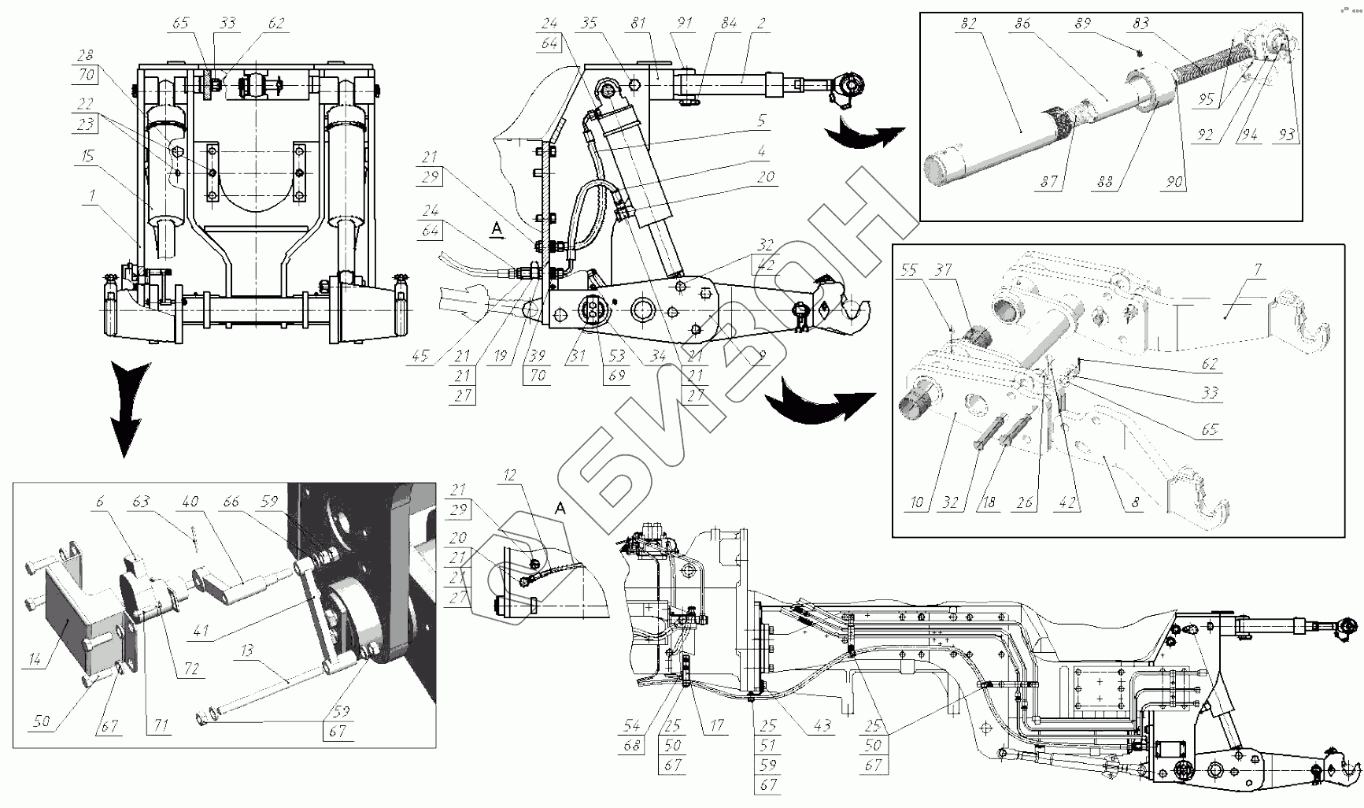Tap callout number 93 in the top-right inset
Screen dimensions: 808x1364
[1286, 135]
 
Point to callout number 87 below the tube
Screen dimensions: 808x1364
[1049, 182]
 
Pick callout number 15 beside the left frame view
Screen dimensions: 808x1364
[88, 156]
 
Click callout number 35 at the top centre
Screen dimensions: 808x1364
[589, 24]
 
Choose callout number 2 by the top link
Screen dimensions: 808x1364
[761, 24]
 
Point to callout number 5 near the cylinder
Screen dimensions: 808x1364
[761, 121]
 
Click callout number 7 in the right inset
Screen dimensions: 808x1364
[1258, 270]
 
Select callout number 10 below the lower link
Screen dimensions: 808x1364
[916, 502]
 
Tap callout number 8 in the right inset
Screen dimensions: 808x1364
[1134, 502]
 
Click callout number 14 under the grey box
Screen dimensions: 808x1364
[35, 660]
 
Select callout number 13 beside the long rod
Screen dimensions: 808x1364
[247, 650]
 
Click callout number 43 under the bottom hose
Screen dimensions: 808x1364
[822, 725]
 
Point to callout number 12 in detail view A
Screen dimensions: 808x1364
[510, 476]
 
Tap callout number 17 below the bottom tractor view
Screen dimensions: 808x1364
[716, 725]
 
